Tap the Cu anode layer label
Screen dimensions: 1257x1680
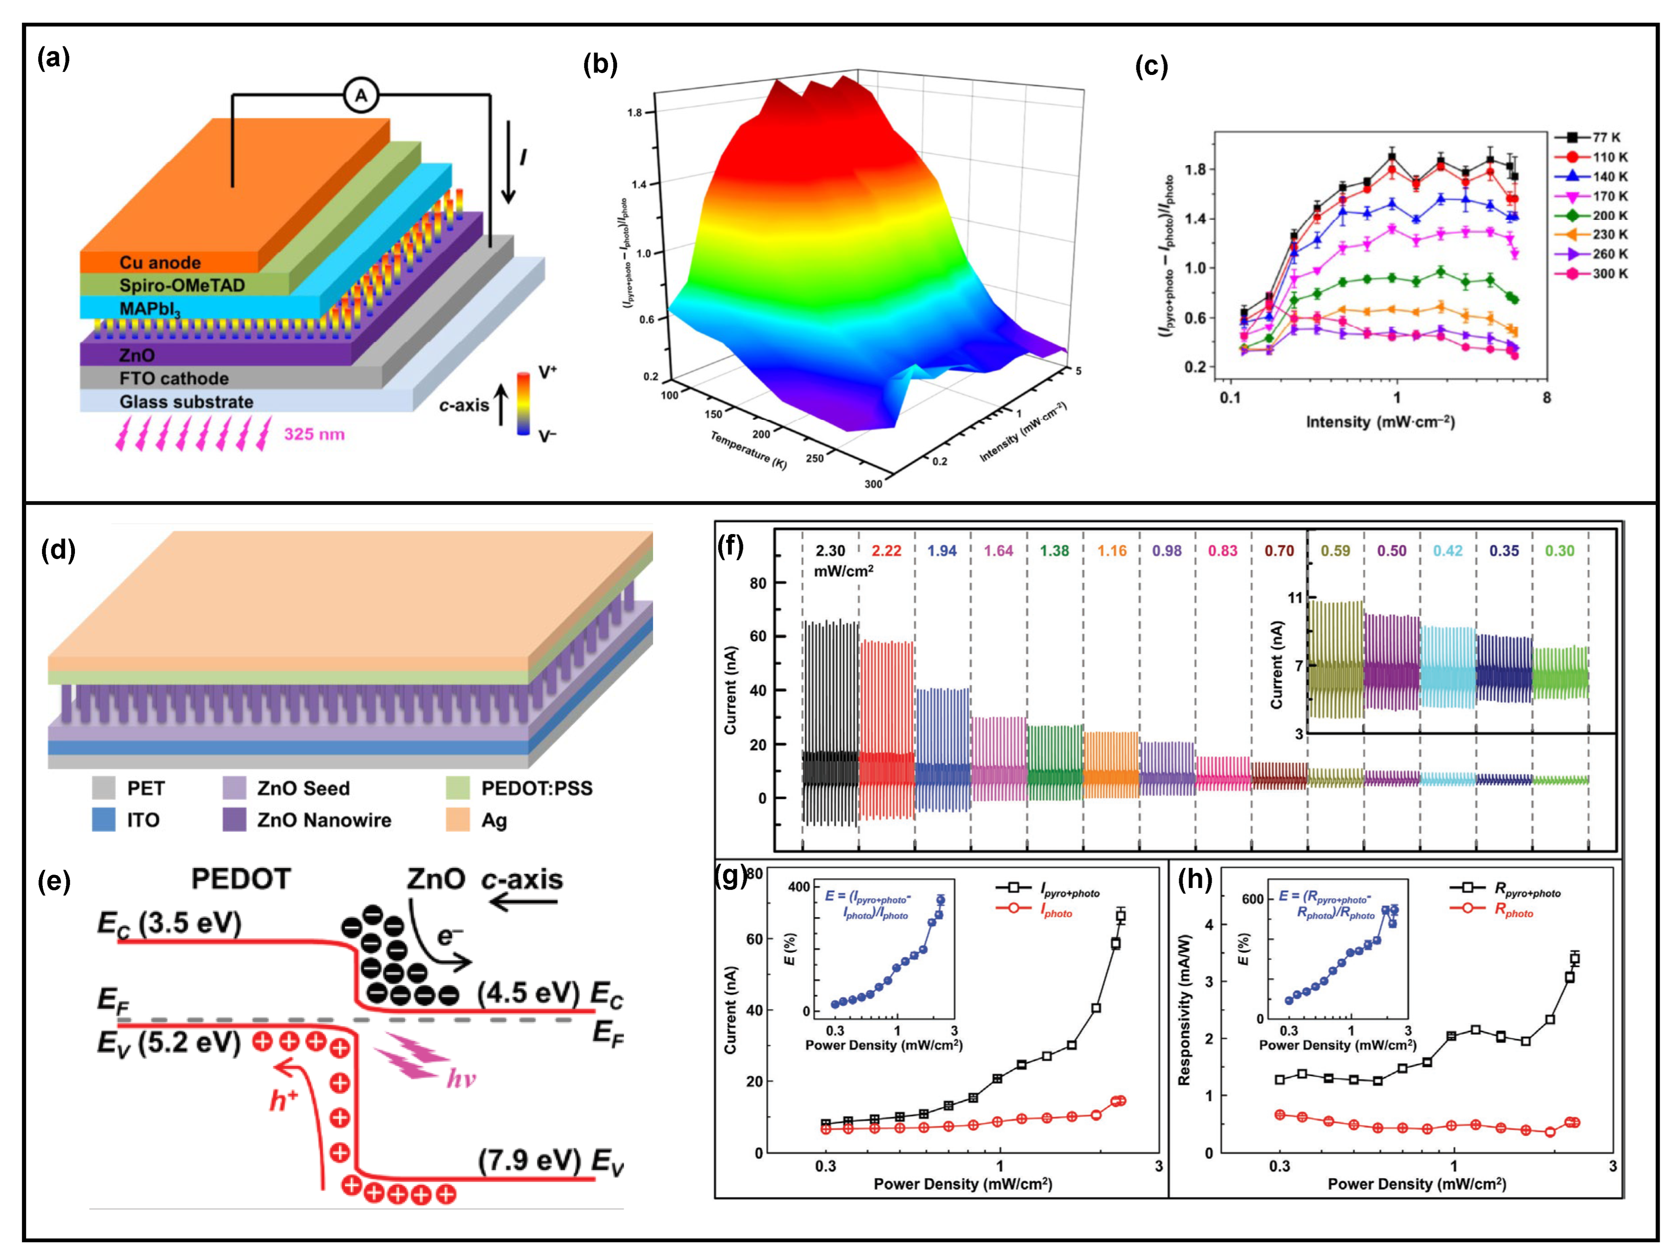[x=160, y=263]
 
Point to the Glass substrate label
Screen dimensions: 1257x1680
[x=186, y=402]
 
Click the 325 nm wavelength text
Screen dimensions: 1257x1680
[x=314, y=434]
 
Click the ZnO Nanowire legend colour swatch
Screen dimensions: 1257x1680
[x=235, y=820]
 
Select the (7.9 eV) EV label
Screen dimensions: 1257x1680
[x=551, y=1161]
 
